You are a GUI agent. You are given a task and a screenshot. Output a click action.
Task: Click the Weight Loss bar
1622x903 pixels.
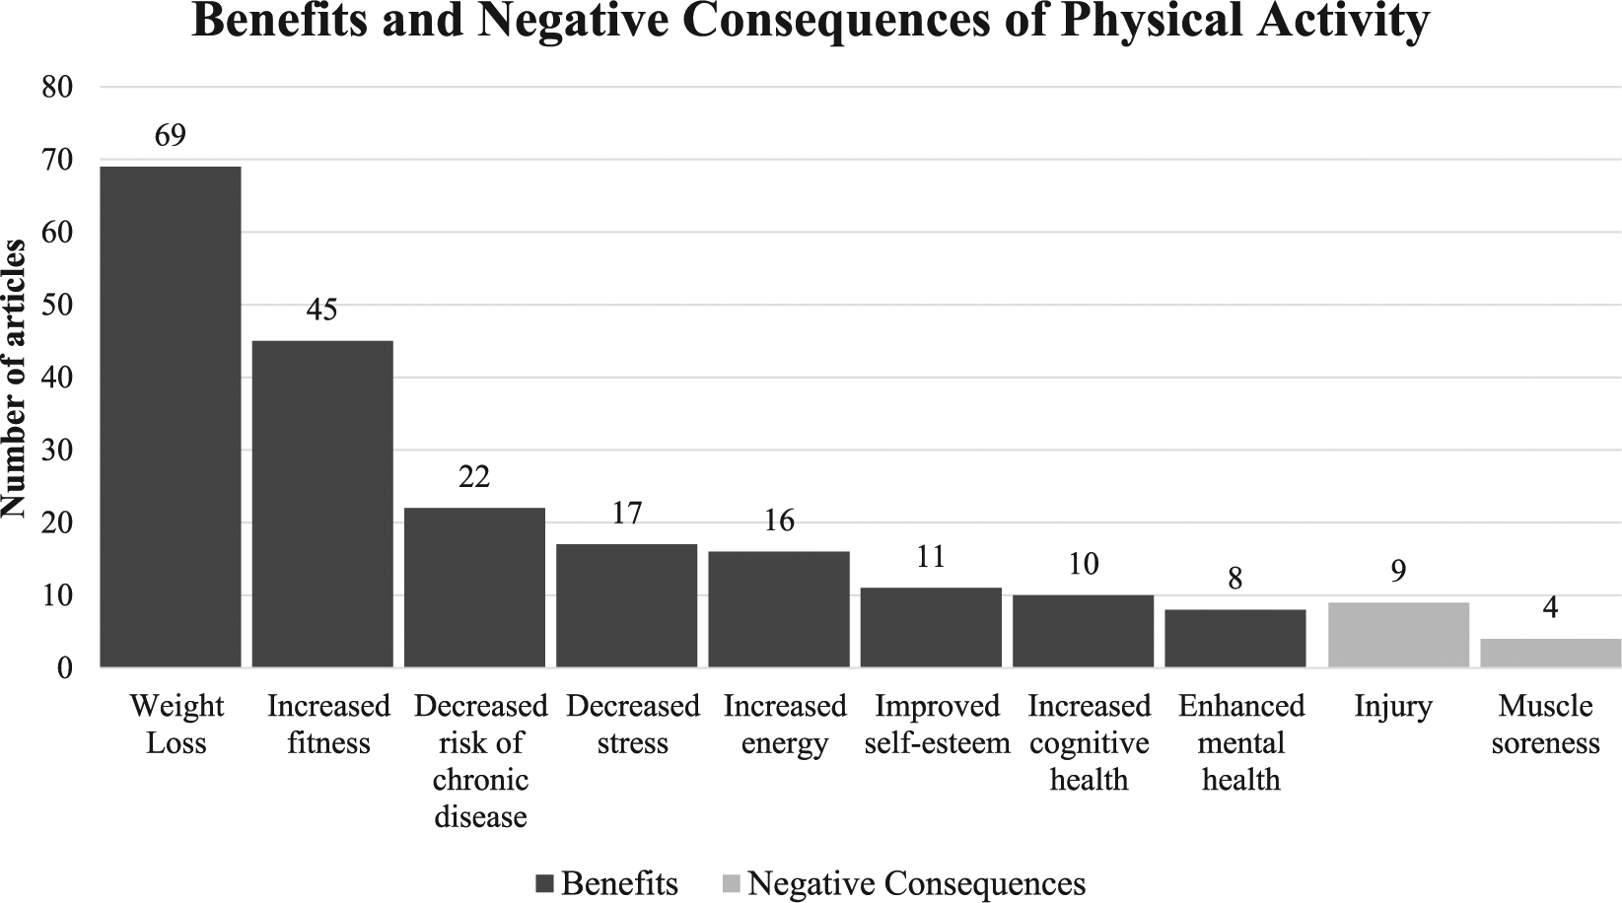[171, 416]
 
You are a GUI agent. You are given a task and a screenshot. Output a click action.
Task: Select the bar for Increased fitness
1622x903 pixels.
[322, 504]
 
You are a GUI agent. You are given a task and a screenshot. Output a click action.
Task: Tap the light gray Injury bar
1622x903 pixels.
[1398, 634]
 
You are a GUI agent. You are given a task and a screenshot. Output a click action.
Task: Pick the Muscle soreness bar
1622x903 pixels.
[1550, 653]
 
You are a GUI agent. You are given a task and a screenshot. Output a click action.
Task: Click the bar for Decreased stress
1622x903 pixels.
[626, 605]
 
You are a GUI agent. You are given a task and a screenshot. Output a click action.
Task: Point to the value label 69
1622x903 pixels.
[171, 135]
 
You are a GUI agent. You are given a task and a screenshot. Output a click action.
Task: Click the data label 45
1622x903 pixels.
[322, 310]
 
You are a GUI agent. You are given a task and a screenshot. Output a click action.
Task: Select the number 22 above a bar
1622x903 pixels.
[474, 476]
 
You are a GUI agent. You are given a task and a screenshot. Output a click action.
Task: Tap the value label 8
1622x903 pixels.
[1235, 579]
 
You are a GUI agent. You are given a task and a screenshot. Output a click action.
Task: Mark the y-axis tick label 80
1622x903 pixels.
[57, 88]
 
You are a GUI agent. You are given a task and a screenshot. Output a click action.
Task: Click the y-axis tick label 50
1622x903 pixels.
[57, 306]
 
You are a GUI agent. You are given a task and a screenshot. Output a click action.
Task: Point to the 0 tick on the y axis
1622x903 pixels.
[66, 668]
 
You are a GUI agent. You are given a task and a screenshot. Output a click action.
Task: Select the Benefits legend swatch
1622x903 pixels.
[544, 884]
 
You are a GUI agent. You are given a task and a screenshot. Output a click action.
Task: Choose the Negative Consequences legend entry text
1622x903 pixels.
[916, 884]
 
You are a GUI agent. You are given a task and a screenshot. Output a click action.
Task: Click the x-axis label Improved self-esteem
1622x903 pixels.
[937, 725]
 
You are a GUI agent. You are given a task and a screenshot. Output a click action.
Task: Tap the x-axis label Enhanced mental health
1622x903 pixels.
[1241, 743]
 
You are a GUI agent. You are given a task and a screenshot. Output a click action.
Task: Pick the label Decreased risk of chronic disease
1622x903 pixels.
[481, 761]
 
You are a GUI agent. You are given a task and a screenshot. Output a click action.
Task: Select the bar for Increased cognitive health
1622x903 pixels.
[1083, 631]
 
